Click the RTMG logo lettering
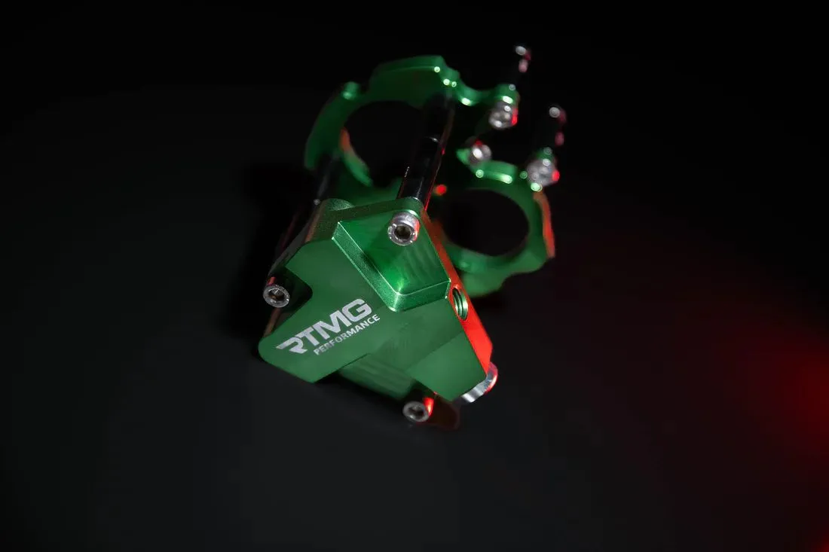(323, 325)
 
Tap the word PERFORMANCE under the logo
(347, 335)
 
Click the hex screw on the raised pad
(403, 230)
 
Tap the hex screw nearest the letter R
(277, 294)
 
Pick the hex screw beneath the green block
(417, 410)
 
